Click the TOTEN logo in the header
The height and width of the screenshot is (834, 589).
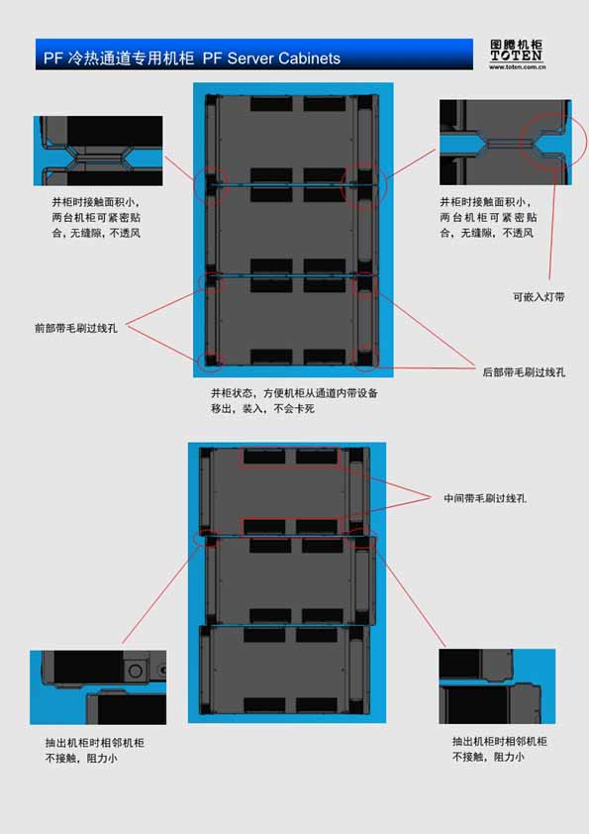click(x=517, y=54)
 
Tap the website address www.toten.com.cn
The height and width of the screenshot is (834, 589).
click(x=518, y=67)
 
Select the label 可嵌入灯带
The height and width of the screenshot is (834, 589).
click(x=539, y=297)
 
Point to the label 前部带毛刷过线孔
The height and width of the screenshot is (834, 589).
click(x=76, y=328)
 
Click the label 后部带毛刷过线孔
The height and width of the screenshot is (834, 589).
click(x=524, y=372)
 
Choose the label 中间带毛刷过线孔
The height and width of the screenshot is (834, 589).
click(x=485, y=498)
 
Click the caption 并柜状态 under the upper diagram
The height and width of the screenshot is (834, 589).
click(x=294, y=400)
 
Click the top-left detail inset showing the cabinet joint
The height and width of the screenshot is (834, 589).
click(x=98, y=152)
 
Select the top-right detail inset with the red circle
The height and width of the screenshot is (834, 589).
click(x=506, y=142)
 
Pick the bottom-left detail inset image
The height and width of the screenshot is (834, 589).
click(x=98, y=687)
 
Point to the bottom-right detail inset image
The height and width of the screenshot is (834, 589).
click(x=497, y=686)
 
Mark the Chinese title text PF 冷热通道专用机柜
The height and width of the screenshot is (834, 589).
click(x=119, y=58)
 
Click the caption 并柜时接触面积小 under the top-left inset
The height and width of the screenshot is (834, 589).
click(x=96, y=218)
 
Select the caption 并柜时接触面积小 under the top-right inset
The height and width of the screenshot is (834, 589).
click(x=488, y=218)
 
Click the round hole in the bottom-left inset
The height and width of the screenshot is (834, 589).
click(x=135, y=671)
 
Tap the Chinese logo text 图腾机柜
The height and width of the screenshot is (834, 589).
click(x=517, y=45)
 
